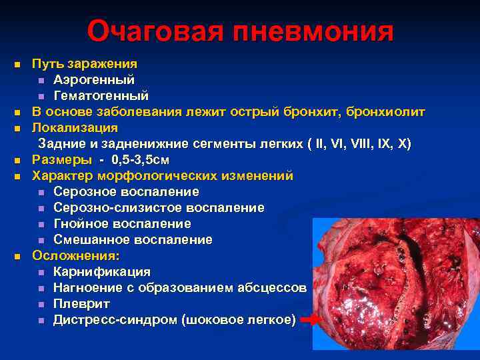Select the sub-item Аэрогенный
(x=94, y=79)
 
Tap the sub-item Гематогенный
(x=101, y=95)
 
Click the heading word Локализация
(x=75, y=127)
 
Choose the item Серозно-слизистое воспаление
(x=159, y=208)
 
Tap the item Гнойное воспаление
(x=122, y=224)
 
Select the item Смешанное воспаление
(x=133, y=240)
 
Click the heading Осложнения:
(x=77, y=256)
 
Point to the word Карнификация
(x=102, y=272)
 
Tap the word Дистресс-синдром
(x=115, y=320)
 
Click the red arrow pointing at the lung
(x=311, y=321)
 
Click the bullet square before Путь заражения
(x=17, y=64)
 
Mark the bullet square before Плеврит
(x=41, y=305)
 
